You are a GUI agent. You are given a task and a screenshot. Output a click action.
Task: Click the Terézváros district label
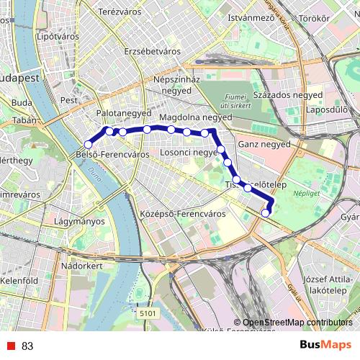118,12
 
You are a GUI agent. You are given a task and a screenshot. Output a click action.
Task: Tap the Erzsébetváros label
152,52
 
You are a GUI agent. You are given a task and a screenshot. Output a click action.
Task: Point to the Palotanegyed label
124,114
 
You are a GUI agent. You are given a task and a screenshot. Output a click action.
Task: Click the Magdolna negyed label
195,116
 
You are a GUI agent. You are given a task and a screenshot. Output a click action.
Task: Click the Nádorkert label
83,266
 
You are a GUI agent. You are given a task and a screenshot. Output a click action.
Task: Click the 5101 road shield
148,313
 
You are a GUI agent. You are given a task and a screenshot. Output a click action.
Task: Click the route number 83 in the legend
27,346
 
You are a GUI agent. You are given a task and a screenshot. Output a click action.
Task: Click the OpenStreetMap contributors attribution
297,323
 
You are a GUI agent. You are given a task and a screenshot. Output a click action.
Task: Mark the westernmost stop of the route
88,145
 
